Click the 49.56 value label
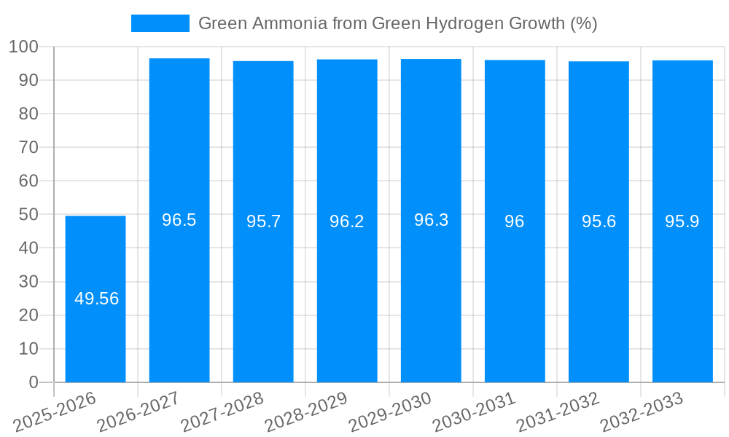[96, 299]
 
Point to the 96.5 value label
[179, 220]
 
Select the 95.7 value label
[263, 221]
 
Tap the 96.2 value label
[347, 221]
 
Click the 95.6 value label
[599, 221]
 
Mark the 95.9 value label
[682, 221]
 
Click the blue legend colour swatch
[160, 23]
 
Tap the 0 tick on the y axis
[33, 382]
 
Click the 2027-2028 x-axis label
[222, 412]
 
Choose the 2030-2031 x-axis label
[474, 412]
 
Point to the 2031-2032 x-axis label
[558, 412]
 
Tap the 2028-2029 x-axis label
[306, 412]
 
